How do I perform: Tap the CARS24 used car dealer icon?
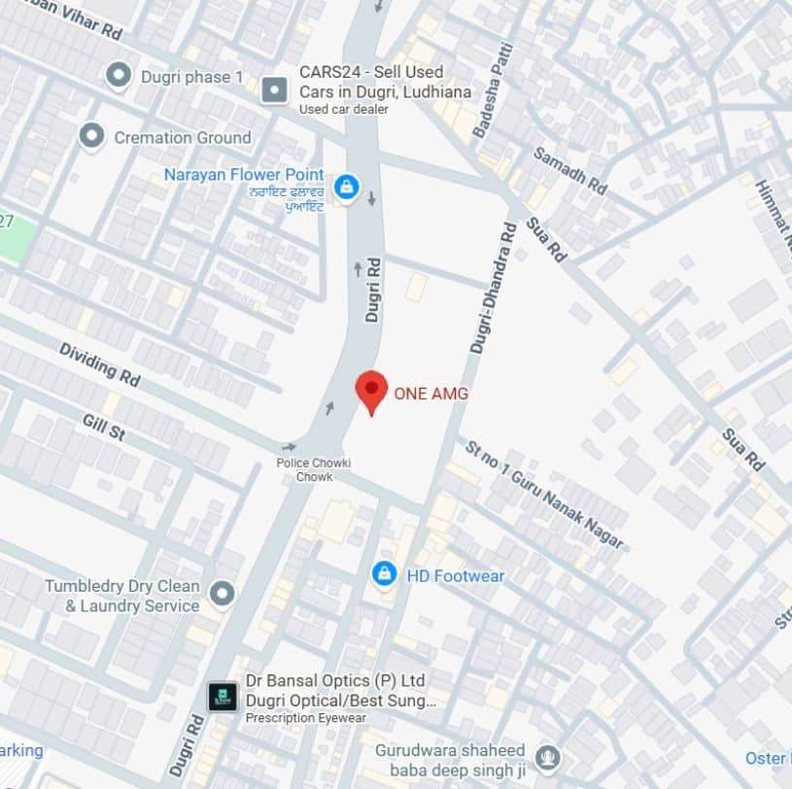click(x=275, y=90)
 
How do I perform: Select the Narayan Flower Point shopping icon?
click(x=345, y=186)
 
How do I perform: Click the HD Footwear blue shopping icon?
click(x=385, y=575)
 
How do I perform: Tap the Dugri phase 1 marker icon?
click(x=119, y=76)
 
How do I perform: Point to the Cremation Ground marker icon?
click(x=92, y=137)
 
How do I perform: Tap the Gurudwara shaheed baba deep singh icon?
click(x=548, y=757)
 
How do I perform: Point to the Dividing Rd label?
click(x=99, y=361)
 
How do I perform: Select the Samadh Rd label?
click(x=569, y=170)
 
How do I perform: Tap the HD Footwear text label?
click(x=455, y=576)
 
